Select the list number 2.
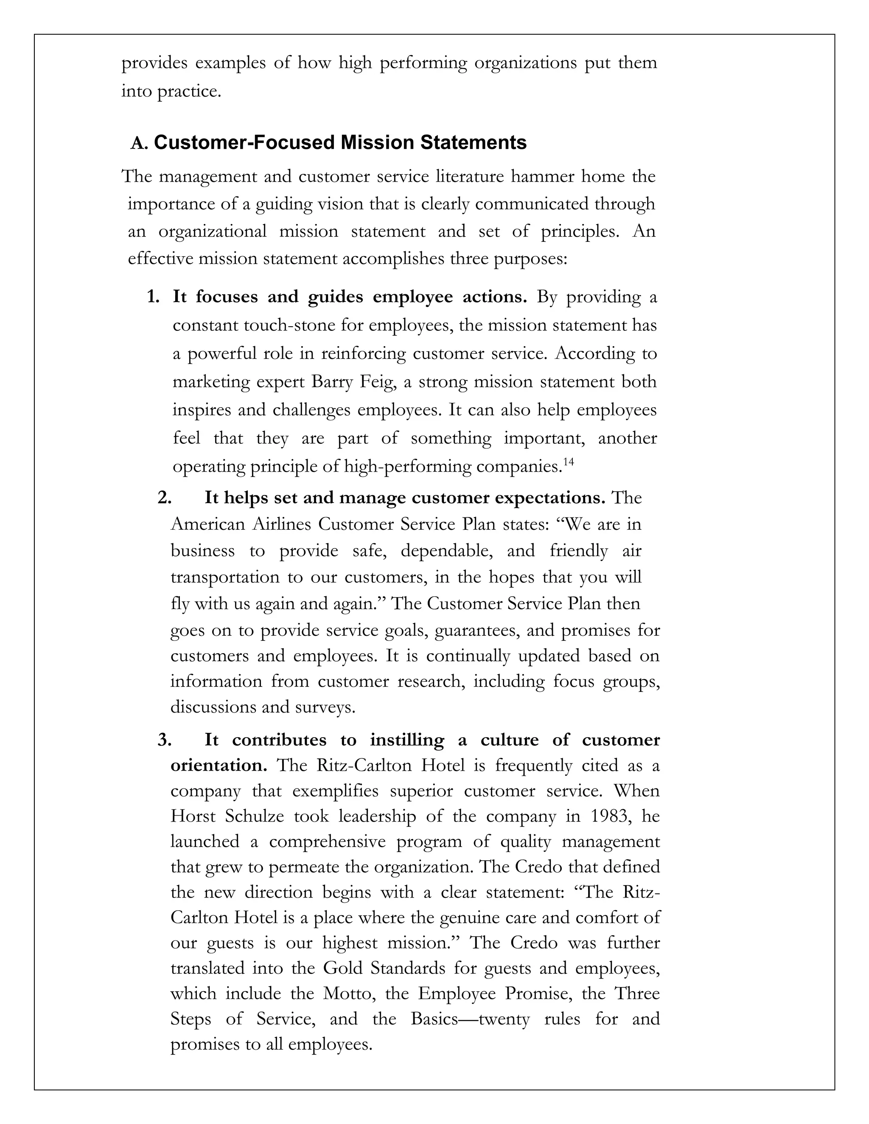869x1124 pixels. pyautogui.click(x=164, y=498)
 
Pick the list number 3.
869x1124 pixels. pyautogui.click(x=164, y=740)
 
